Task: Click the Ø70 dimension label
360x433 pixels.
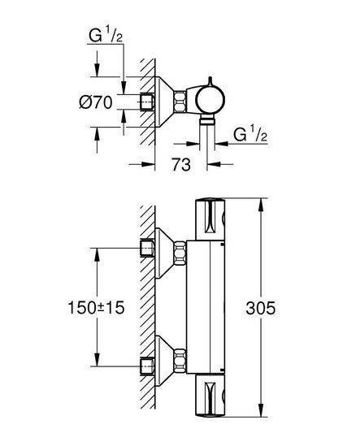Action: click(x=96, y=102)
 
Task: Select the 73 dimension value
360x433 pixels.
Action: click(x=181, y=164)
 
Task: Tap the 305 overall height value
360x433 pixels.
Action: click(x=261, y=308)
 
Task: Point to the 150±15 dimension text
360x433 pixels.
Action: click(x=96, y=307)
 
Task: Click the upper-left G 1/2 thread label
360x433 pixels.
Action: click(x=106, y=36)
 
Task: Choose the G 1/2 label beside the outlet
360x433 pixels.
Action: click(x=250, y=134)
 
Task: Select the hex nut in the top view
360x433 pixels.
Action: click(x=180, y=102)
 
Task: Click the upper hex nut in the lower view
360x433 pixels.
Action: click(x=180, y=253)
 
